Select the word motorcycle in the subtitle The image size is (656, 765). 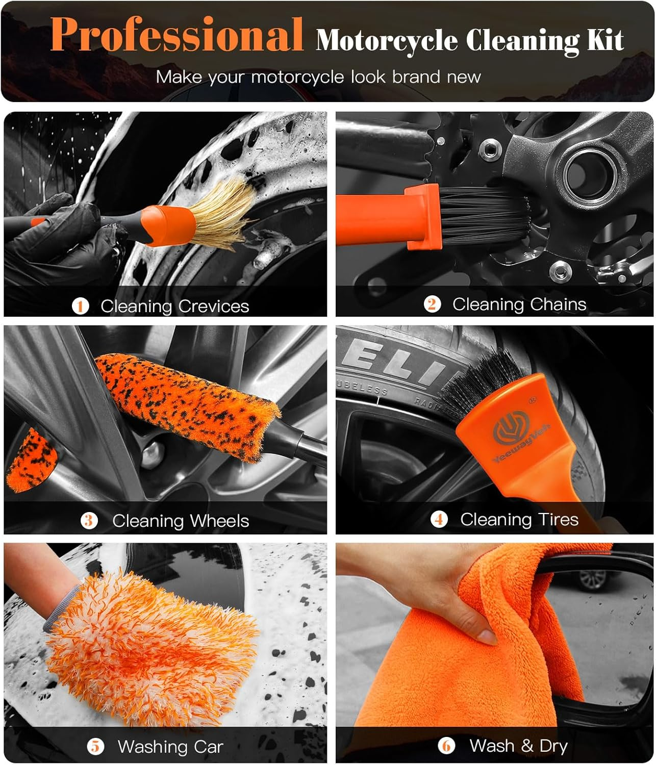coord(297,77)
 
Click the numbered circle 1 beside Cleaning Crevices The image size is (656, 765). coord(81,306)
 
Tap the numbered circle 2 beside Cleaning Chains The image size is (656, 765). coord(432,304)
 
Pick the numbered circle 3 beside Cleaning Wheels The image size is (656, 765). coord(89,521)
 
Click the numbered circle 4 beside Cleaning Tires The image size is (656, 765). coord(439,519)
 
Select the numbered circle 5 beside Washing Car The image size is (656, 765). coord(95,747)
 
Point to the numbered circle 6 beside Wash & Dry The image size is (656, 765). coord(446,746)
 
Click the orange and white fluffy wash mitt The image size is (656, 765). coord(153,648)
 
